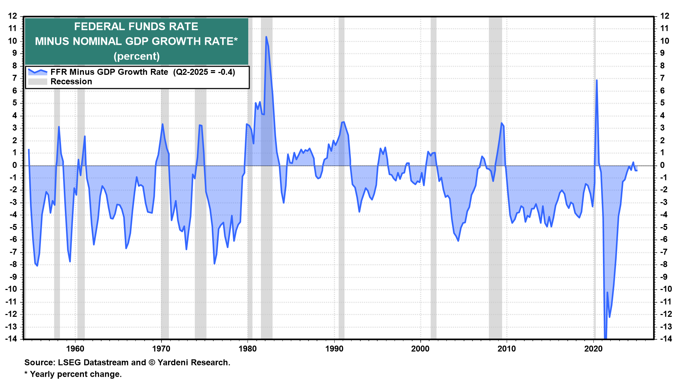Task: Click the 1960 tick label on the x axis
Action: pos(75,349)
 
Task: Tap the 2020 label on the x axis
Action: pos(593,349)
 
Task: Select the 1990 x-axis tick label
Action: pos(334,349)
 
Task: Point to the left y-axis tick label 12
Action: pos(13,16)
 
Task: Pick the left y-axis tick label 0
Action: pos(15,165)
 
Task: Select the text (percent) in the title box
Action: pos(136,56)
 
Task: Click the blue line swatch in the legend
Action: pos(37,72)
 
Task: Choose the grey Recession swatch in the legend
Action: pos(37,81)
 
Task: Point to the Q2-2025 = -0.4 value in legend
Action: pos(204,72)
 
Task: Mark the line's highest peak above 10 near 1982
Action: pos(266,37)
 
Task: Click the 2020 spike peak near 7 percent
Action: pos(597,80)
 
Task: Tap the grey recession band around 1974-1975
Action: pos(200,212)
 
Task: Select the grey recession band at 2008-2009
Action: pos(495,212)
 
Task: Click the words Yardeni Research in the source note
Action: pos(193,362)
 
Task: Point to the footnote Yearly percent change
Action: pos(76,374)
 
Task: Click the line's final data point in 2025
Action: pos(637,170)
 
